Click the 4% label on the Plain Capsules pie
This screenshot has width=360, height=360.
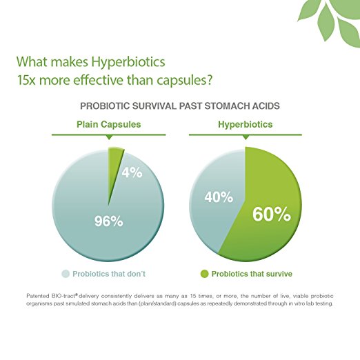pos(132,172)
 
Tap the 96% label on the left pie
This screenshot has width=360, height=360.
pos(109,221)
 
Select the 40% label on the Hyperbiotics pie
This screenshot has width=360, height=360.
pos(219,197)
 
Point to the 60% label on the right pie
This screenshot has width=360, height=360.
pos(272,214)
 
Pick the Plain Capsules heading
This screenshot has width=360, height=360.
pos(109,124)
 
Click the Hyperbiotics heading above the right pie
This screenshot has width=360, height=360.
pos(246,124)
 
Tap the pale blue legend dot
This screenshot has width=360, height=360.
pos(66,274)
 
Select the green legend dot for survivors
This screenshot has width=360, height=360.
pos(204,274)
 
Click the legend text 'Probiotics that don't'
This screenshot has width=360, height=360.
pos(109,274)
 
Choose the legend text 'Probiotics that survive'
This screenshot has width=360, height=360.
pos(252,274)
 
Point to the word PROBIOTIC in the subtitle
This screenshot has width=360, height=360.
pos(105,106)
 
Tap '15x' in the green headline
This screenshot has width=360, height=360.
pos(26,80)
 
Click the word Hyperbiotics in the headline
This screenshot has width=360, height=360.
pos(128,62)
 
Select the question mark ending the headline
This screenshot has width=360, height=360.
pos(209,79)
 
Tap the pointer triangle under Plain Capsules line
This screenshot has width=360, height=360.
pos(110,137)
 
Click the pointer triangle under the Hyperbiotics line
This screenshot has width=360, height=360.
pos(246,137)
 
